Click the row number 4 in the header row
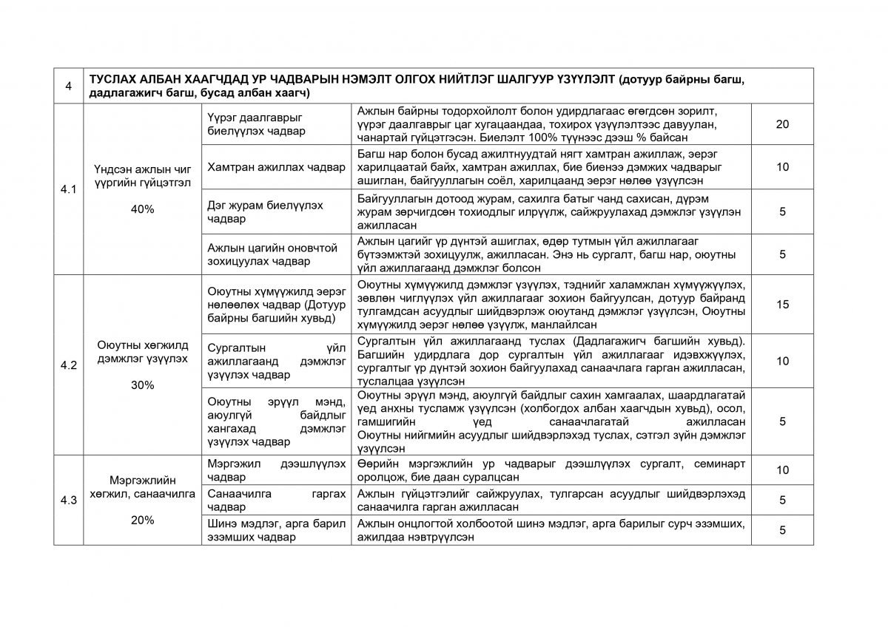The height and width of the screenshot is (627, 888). point(68,86)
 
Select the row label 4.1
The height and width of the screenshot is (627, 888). point(68,189)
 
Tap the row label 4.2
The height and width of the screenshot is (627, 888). point(68,365)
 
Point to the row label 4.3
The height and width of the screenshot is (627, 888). point(68,500)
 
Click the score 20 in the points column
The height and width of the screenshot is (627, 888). point(782,124)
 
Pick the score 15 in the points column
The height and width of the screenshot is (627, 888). point(782,305)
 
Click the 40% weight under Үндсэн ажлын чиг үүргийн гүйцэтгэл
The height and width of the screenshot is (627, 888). point(142,209)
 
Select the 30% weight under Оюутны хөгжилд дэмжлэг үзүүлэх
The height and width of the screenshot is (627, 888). point(142,385)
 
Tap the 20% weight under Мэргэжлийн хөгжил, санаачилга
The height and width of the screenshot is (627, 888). point(142,520)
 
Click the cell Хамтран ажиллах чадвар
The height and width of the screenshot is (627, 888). point(276,167)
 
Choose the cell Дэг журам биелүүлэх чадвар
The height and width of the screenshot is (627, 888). point(276,211)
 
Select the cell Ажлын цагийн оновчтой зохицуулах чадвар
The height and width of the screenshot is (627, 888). point(276,254)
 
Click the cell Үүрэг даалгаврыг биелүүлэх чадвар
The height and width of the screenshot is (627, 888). point(276,124)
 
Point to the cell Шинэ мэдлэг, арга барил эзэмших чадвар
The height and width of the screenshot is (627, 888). point(276,530)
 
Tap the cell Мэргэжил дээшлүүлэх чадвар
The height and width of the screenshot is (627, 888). point(276,470)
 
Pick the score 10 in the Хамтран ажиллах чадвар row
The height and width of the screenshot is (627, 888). point(782,167)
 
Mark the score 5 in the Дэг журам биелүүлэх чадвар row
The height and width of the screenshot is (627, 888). point(782,211)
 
